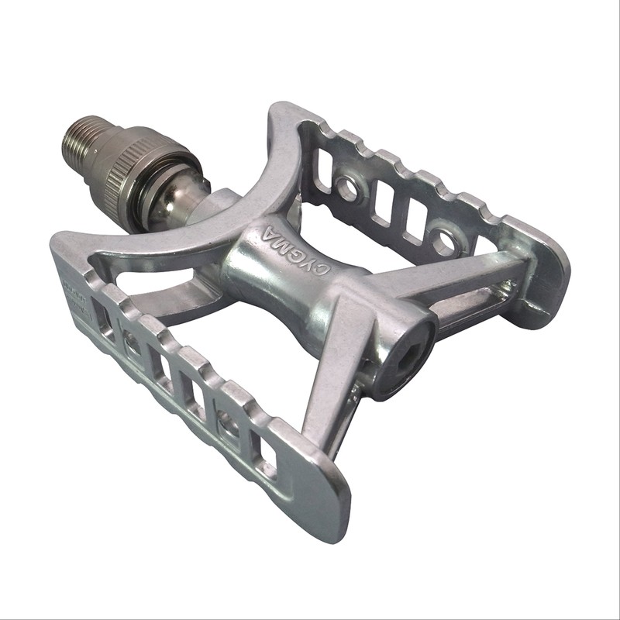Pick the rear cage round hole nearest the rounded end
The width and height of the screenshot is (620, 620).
[444, 241]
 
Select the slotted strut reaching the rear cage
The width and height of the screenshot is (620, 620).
[465, 287]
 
